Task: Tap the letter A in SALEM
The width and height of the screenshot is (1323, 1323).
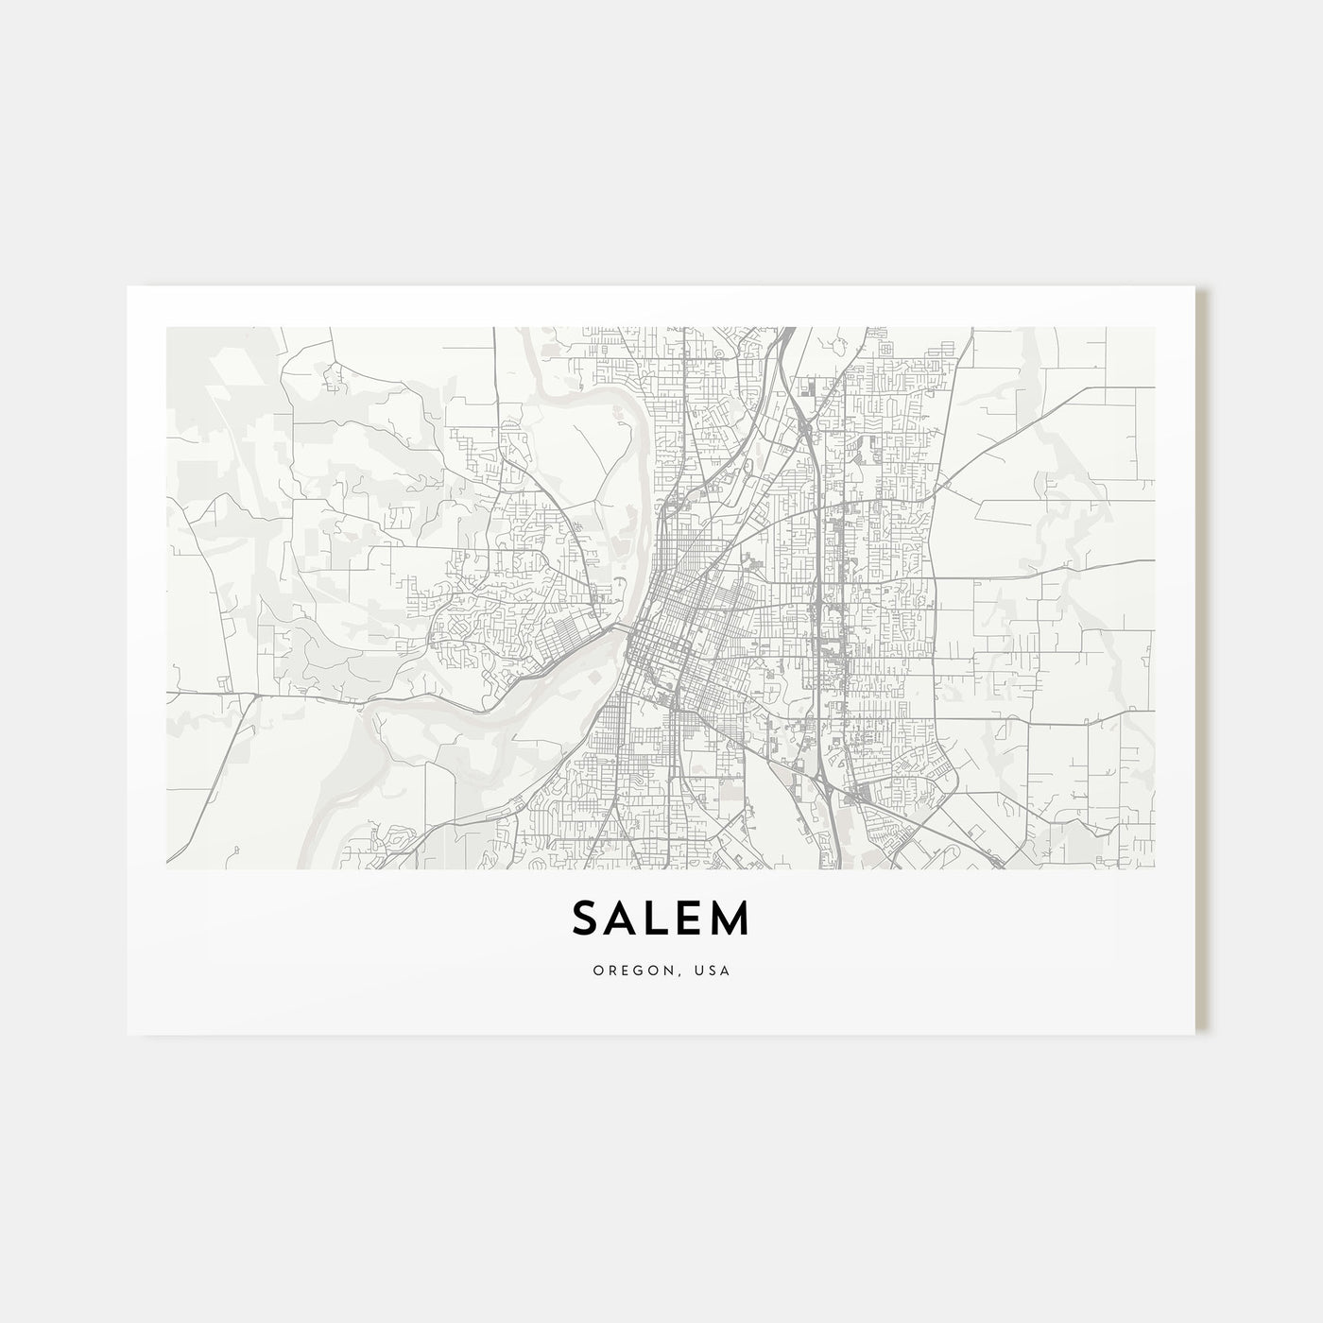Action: point(624,919)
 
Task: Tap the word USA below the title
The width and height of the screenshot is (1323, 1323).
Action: point(714,971)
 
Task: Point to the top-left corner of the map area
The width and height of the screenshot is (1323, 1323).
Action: point(166,328)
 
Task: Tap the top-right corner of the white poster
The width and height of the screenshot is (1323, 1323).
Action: point(1195,287)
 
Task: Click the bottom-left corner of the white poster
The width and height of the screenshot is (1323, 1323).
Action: point(128,1034)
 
